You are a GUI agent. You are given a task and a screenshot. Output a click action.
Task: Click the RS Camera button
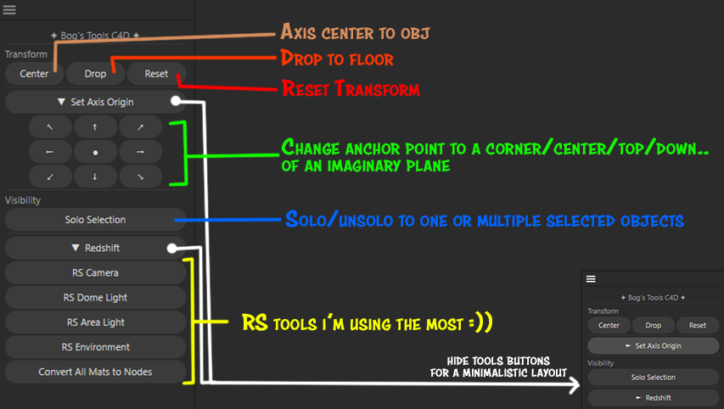(95, 273)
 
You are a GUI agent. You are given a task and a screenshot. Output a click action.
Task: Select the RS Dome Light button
(95, 298)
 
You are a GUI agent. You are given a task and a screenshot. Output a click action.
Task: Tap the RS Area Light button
(95, 322)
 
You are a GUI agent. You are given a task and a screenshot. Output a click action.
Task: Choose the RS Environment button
(95, 347)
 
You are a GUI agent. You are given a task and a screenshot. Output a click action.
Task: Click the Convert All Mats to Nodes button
(95, 372)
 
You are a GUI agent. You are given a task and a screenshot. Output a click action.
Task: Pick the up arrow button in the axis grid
(95, 127)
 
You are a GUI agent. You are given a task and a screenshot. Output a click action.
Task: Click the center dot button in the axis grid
(95, 152)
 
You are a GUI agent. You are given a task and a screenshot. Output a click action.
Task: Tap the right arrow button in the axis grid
(140, 152)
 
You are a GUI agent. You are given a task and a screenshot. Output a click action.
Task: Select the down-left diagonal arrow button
(49, 176)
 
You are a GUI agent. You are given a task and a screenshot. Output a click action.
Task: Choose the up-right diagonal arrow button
(140, 127)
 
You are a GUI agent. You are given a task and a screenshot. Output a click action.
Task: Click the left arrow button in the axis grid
(49, 152)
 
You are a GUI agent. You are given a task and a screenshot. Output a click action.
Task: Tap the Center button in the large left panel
(34, 74)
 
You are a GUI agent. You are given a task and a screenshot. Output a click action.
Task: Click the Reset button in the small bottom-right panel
(698, 325)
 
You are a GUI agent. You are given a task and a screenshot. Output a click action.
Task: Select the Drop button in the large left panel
(95, 74)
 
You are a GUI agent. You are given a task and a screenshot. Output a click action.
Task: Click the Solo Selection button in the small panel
(653, 377)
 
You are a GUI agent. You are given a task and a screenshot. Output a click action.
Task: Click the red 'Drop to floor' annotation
(337, 59)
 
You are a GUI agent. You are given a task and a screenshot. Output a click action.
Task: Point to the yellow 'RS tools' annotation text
(367, 323)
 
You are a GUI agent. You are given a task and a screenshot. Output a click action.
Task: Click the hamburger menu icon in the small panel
(592, 278)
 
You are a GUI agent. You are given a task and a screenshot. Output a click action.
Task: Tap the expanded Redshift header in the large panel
(95, 248)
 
